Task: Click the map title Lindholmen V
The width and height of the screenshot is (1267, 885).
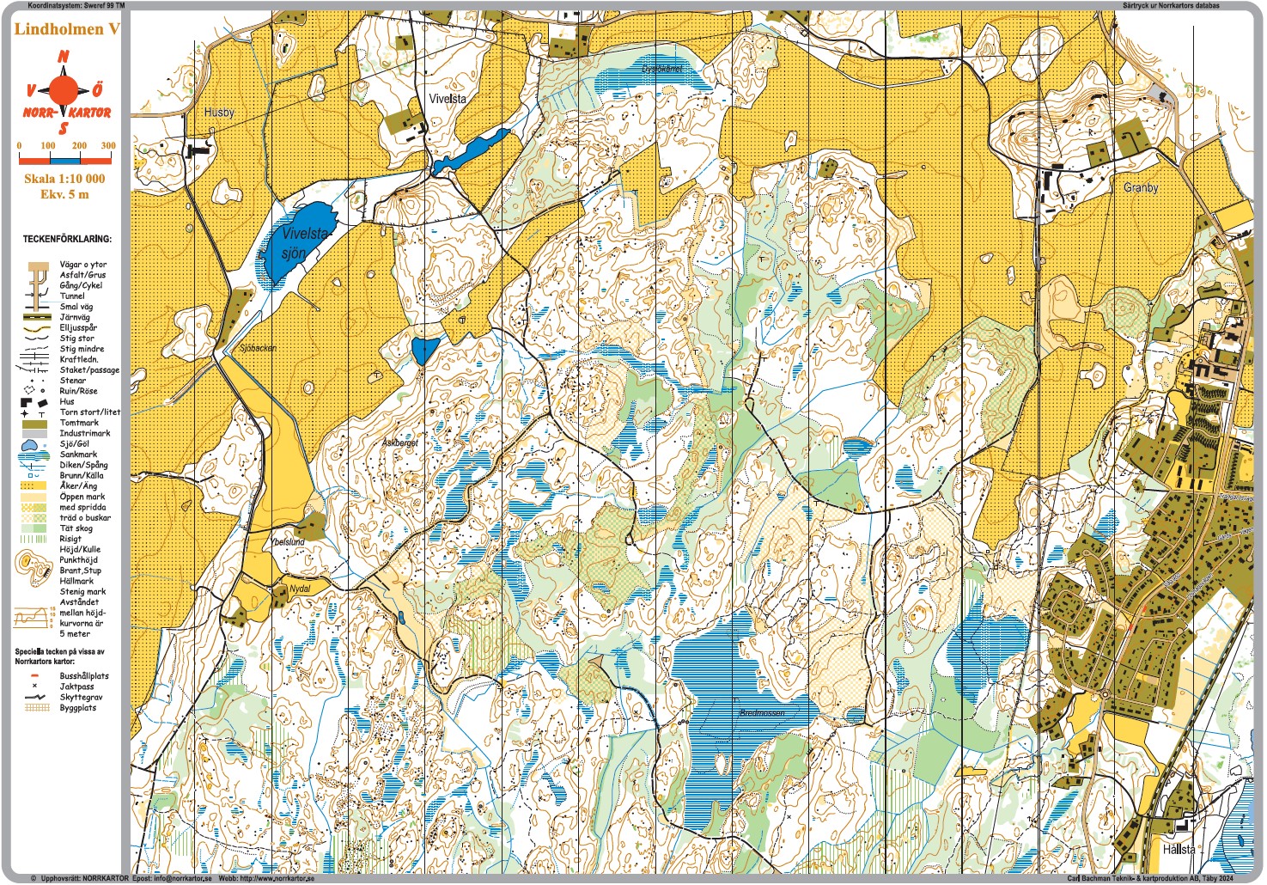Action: pyautogui.click(x=67, y=29)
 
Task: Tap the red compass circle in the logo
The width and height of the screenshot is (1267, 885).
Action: pyautogui.click(x=63, y=89)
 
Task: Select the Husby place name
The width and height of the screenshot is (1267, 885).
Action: pyautogui.click(x=219, y=113)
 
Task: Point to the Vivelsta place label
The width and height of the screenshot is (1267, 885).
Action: pyautogui.click(x=448, y=99)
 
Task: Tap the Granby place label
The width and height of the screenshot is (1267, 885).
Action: pyautogui.click(x=1141, y=187)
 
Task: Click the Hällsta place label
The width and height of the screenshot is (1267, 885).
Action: pyautogui.click(x=1179, y=849)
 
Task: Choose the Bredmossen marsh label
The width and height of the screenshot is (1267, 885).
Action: pyautogui.click(x=762, y=713)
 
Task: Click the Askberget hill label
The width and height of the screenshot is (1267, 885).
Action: pyautogui.click(x=399, y=442)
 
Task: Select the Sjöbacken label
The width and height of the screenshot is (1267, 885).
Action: pyautogui.click(x=258, y=348)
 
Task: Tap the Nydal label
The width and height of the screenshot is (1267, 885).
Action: pyautogui.click(x=300, y=589)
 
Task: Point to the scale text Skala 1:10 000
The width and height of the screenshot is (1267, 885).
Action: pyautogui.click(x=64, y=179)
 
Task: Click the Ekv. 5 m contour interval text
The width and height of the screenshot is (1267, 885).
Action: pyautogui.click(x=64, y=194)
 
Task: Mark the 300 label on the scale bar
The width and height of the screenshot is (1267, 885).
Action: pyautogui.click(x=108, y=145)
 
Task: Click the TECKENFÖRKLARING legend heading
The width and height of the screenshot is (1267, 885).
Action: pyautogui.click(x=67, y=239)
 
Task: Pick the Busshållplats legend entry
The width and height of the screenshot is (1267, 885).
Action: pyautogui.click(x=84, y=676)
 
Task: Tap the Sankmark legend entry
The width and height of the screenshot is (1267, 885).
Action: pyautogui.click(x=78, y=455)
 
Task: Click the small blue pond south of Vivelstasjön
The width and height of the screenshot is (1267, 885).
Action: pyautogui.click(x=424, y=351)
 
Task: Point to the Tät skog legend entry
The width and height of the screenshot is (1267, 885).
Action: pyautogui.click(x=76, y=528)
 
